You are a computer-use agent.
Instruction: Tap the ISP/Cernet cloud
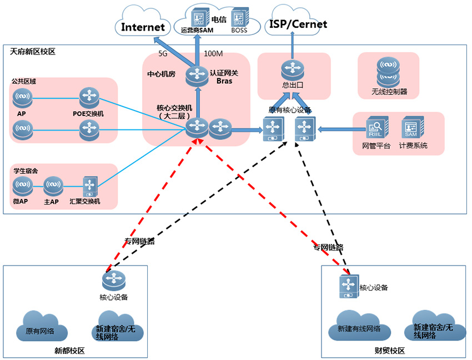pyautogui.click(x=298, y=24)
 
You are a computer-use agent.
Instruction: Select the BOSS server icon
pyautogui.click(x=239, y=18)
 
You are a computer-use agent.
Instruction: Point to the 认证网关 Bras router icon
pyautogui.click(x=196, y=75)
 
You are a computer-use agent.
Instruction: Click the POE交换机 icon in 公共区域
pyautogui.click(x=88, y=98)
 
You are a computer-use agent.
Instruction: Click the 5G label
pyautogui.click(x=163, y=54)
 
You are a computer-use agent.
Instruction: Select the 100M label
pyautogui.click(x=213, y=54)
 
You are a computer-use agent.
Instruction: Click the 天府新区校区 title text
pyautogui.click(x=33, y=52)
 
